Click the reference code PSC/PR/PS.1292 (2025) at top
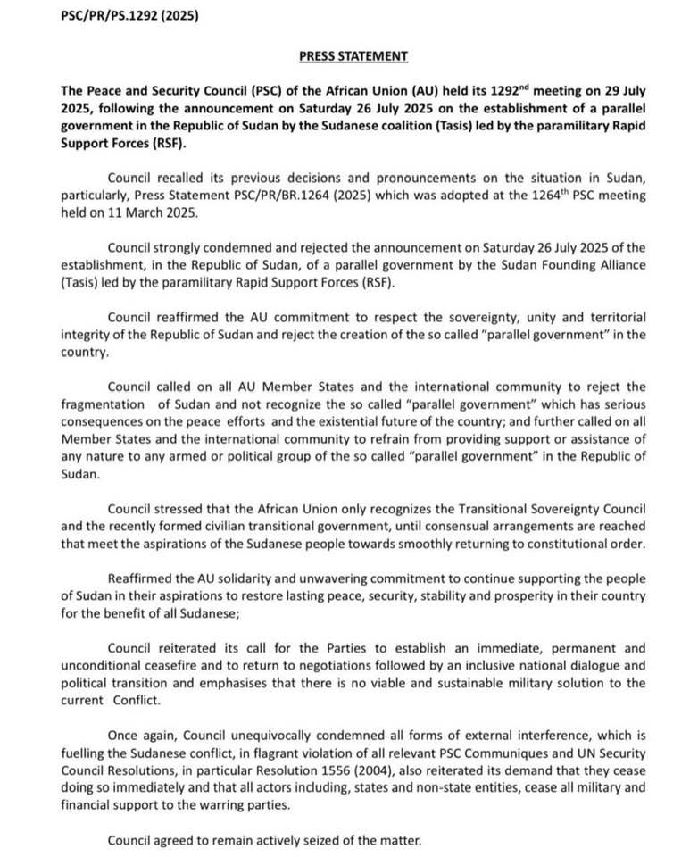(121, 16)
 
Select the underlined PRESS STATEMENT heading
(353, 56)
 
